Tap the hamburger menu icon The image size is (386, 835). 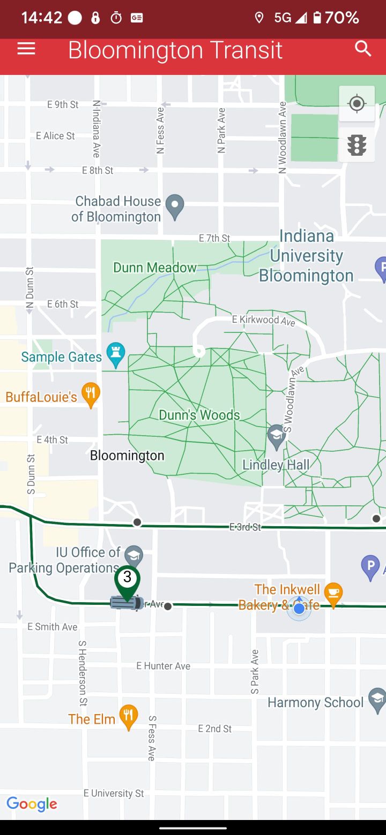click(x=26, y=49)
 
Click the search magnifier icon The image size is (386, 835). click(x=363, y=49)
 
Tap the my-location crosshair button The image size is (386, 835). click(x=357, y=103)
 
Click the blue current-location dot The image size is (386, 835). click(x=299, y=609)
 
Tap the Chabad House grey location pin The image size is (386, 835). click(x=174, y=206)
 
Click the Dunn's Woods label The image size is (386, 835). click(x=199, y=415)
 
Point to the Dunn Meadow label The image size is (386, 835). click(x=155, y=267)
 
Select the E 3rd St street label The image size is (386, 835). click(x=245, y=527)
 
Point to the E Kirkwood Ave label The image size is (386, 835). click(x=263, y=320)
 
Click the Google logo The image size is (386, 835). click(x=32, y=804)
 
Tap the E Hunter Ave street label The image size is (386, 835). click(x=163, y=666)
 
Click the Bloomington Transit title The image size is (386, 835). click(x=175, y=50)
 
